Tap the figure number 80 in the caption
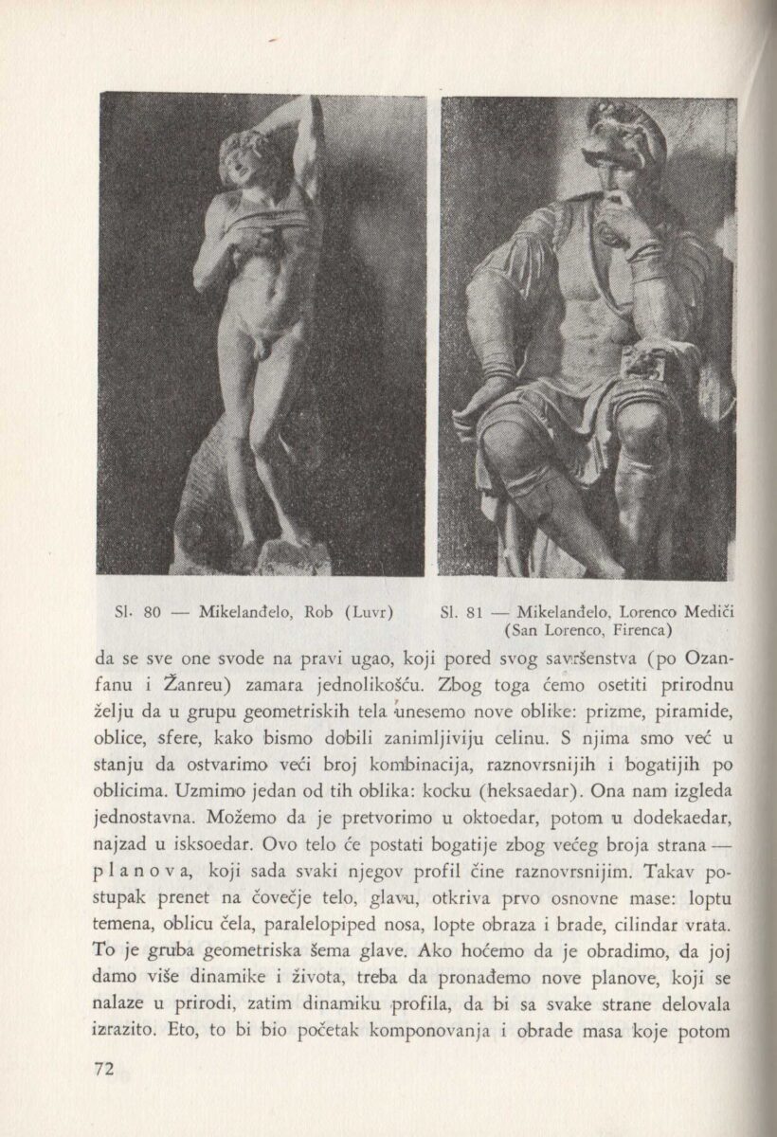[x=151, y=611]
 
